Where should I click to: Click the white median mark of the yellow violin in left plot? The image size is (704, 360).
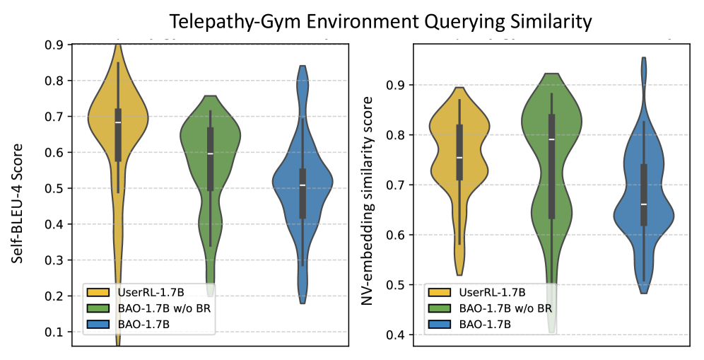(x=118, y=122)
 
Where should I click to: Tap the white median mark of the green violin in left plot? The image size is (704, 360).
(x=210, y=153)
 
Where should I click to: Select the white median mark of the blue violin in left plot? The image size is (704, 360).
(x=303, y=185)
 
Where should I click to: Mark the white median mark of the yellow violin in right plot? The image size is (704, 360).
(x=459, y=158)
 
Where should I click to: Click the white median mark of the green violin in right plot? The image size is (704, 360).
(x=551, y=139)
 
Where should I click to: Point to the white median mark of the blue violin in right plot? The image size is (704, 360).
(x=644, y=204)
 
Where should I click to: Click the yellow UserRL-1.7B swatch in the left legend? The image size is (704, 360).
(x=95, y=291)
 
